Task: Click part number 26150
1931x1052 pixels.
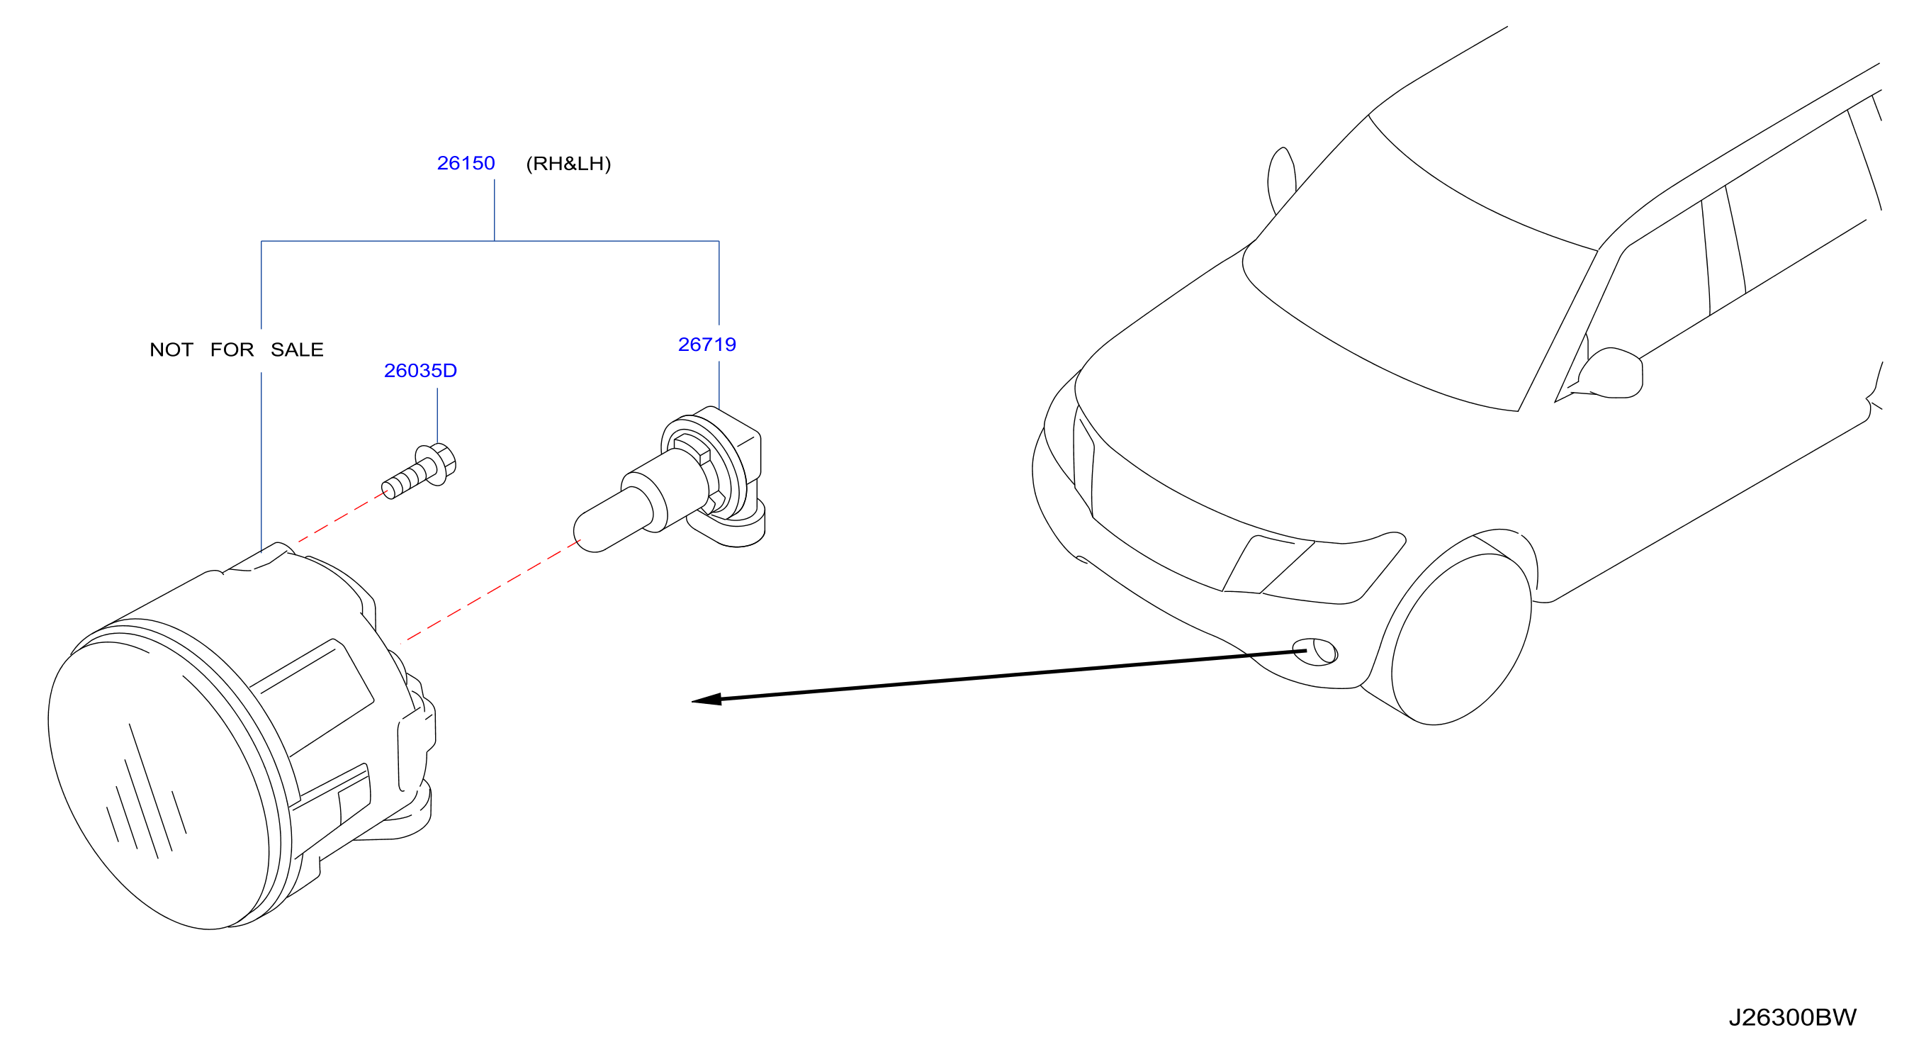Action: pos(466,164)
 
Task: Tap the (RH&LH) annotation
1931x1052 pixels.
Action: pos(568,164)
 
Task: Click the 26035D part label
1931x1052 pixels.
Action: pos(420,371)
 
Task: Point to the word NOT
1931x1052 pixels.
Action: pos(171,350)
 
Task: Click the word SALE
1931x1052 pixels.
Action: pos(297,350)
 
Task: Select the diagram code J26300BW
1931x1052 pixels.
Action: pos(1792,1017)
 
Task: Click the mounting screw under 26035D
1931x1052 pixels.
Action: pos(420,471)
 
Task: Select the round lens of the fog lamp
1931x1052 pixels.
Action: pos(159,783)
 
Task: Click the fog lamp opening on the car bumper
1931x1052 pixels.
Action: pos(1314,651)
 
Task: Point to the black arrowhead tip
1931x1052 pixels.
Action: pos(692,702)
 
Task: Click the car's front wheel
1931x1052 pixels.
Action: pos(1460,639)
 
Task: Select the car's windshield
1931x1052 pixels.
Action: pos(1424,270)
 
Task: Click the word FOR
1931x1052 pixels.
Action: pos(232,350)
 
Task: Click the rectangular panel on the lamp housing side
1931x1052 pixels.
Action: pos(313,698)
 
